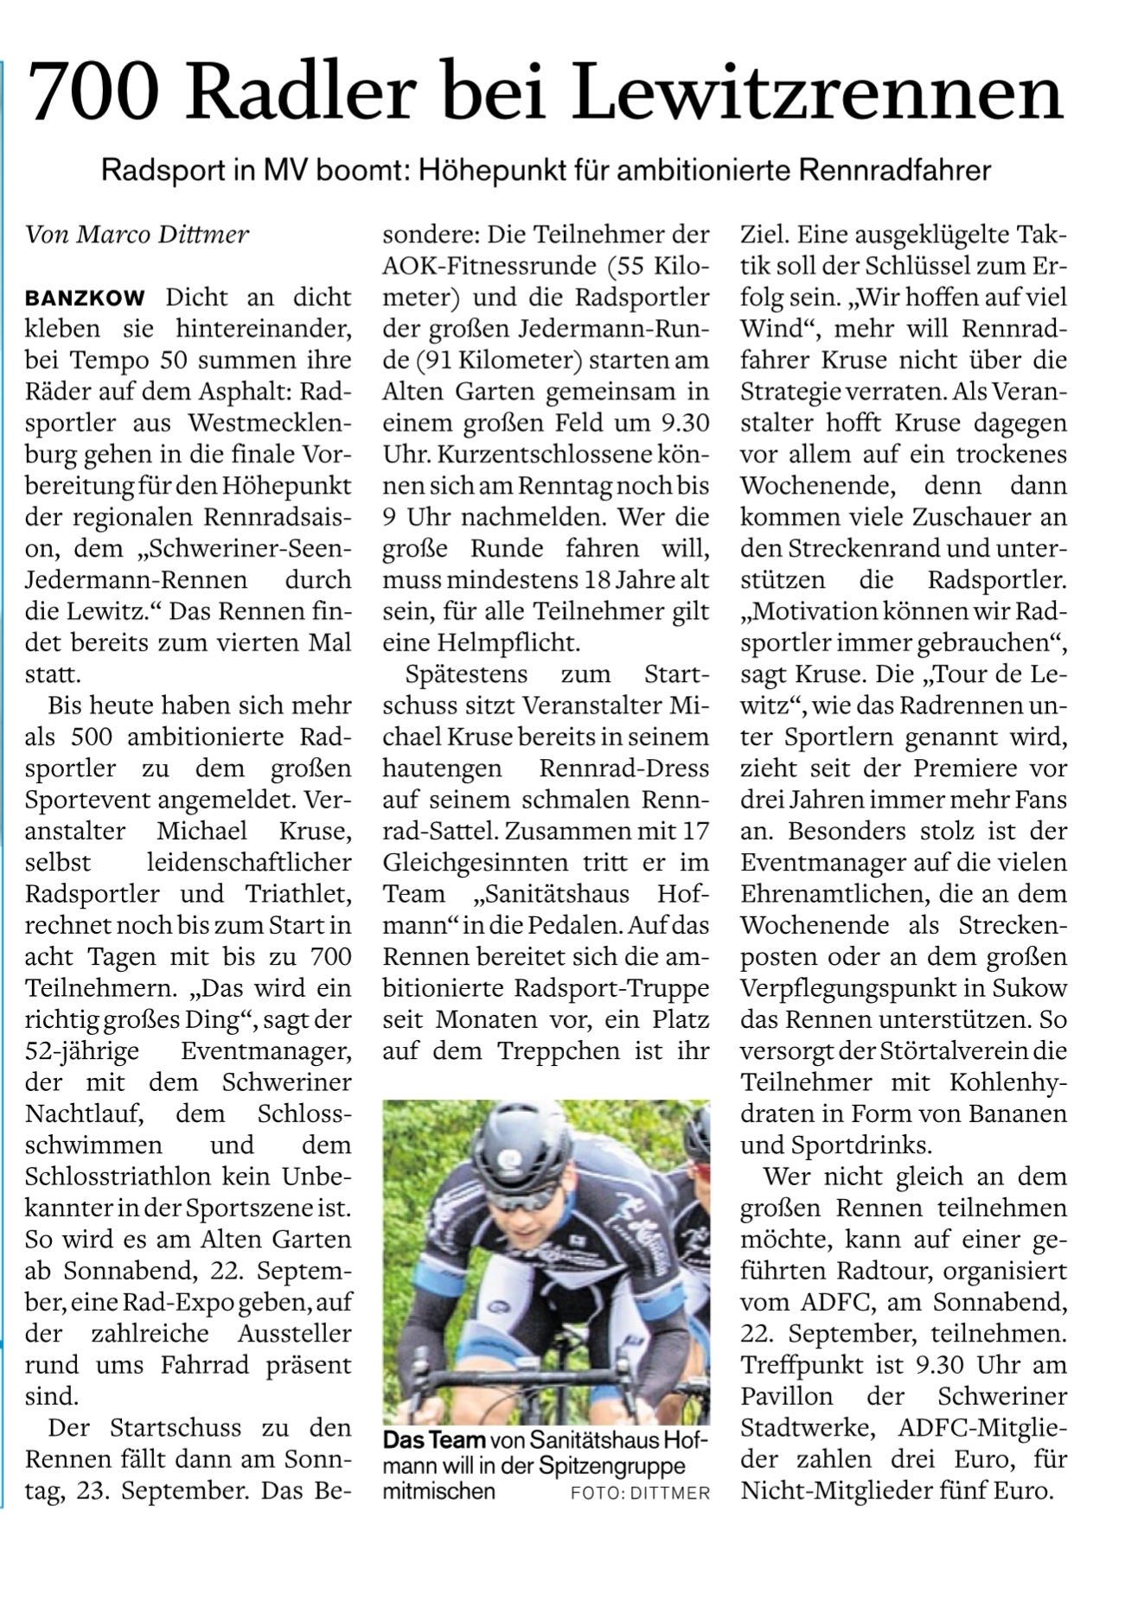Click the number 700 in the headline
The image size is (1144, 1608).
pos(93,91)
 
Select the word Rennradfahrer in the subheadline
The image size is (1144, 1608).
pos(894,170)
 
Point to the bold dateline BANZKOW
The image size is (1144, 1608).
pos(86,298)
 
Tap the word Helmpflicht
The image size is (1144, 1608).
pos(521,643)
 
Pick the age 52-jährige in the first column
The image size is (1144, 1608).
pos(82,1052)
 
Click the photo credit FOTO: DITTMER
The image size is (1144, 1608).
pos(640,1493)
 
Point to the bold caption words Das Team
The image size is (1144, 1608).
pos(434,1440)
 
